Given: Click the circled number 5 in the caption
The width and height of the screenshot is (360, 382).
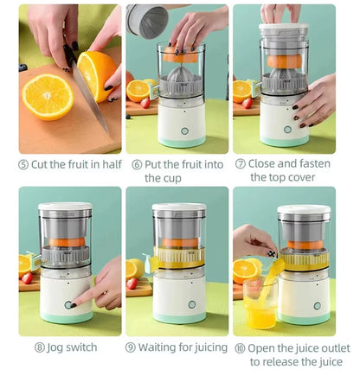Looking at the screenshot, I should click(x=23, y=164).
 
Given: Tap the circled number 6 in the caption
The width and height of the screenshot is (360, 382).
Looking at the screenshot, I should click(x=137, y=164).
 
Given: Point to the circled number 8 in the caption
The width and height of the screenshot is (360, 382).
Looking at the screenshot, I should click(x=39, y=347).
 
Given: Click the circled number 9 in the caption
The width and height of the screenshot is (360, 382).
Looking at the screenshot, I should click(x=131, y=347).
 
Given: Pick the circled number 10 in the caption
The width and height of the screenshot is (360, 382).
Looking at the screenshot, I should click(x=239, y=347).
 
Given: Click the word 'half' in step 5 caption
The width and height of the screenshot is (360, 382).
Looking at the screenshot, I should click(x=107, y=164).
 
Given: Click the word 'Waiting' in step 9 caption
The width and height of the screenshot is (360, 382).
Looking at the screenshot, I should click(x=160, y=347).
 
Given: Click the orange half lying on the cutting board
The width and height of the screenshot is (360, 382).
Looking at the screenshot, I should click(x=48, y=96).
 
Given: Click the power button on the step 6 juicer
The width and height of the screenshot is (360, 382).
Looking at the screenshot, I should click(x=183, y=131).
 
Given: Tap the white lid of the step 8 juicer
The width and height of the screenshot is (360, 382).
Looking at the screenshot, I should click(x=65, y=208).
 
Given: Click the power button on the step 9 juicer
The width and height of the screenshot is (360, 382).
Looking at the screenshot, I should click(x=179, y=306).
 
